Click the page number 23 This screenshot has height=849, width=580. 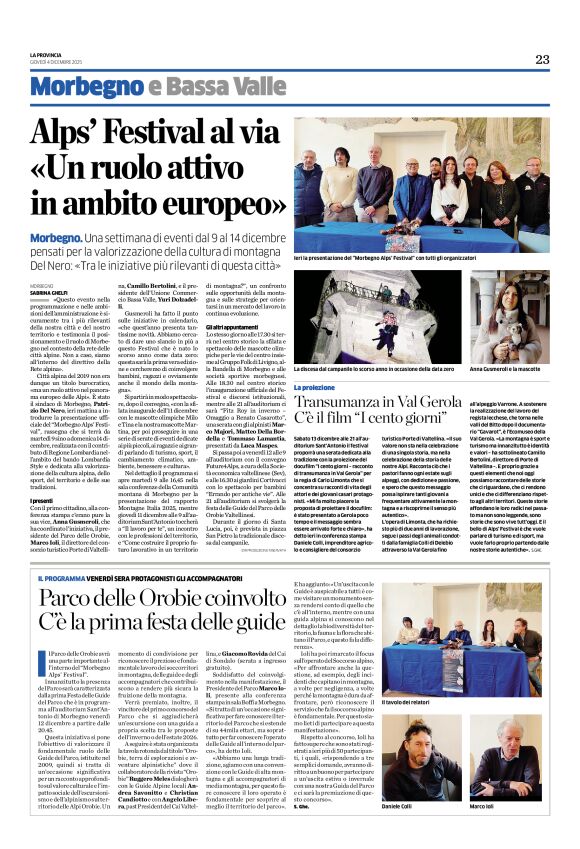point(542,59)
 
